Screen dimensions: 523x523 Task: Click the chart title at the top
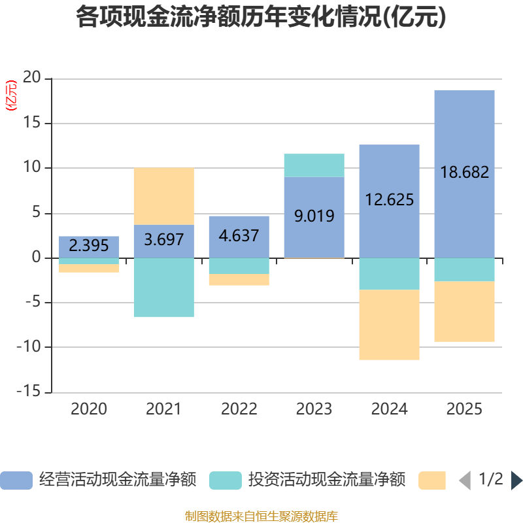point(261,18)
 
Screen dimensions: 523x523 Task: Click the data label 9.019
point(314,216)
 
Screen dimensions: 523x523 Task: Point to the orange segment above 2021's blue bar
point(163,195)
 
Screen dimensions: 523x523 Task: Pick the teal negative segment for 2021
point(163,288)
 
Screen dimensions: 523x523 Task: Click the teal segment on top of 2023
point(314,165)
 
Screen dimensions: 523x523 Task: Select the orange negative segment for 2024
point(389,325)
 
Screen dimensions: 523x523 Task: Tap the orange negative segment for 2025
point(464,311)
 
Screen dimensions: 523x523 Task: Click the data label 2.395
point(89,246)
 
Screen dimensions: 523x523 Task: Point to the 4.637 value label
point(239,235)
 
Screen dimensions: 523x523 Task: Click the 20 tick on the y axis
point(31,78)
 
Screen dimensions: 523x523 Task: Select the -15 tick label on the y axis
point(28,392)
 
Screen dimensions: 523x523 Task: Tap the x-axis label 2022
point(239,410)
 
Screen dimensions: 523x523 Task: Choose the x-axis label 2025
point(464,410)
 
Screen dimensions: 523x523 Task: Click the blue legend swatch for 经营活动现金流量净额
point(16,481)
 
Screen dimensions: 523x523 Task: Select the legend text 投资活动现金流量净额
point(326,481)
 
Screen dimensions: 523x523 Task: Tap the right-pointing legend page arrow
point(516,481)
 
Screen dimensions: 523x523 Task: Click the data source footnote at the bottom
point(261,516)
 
